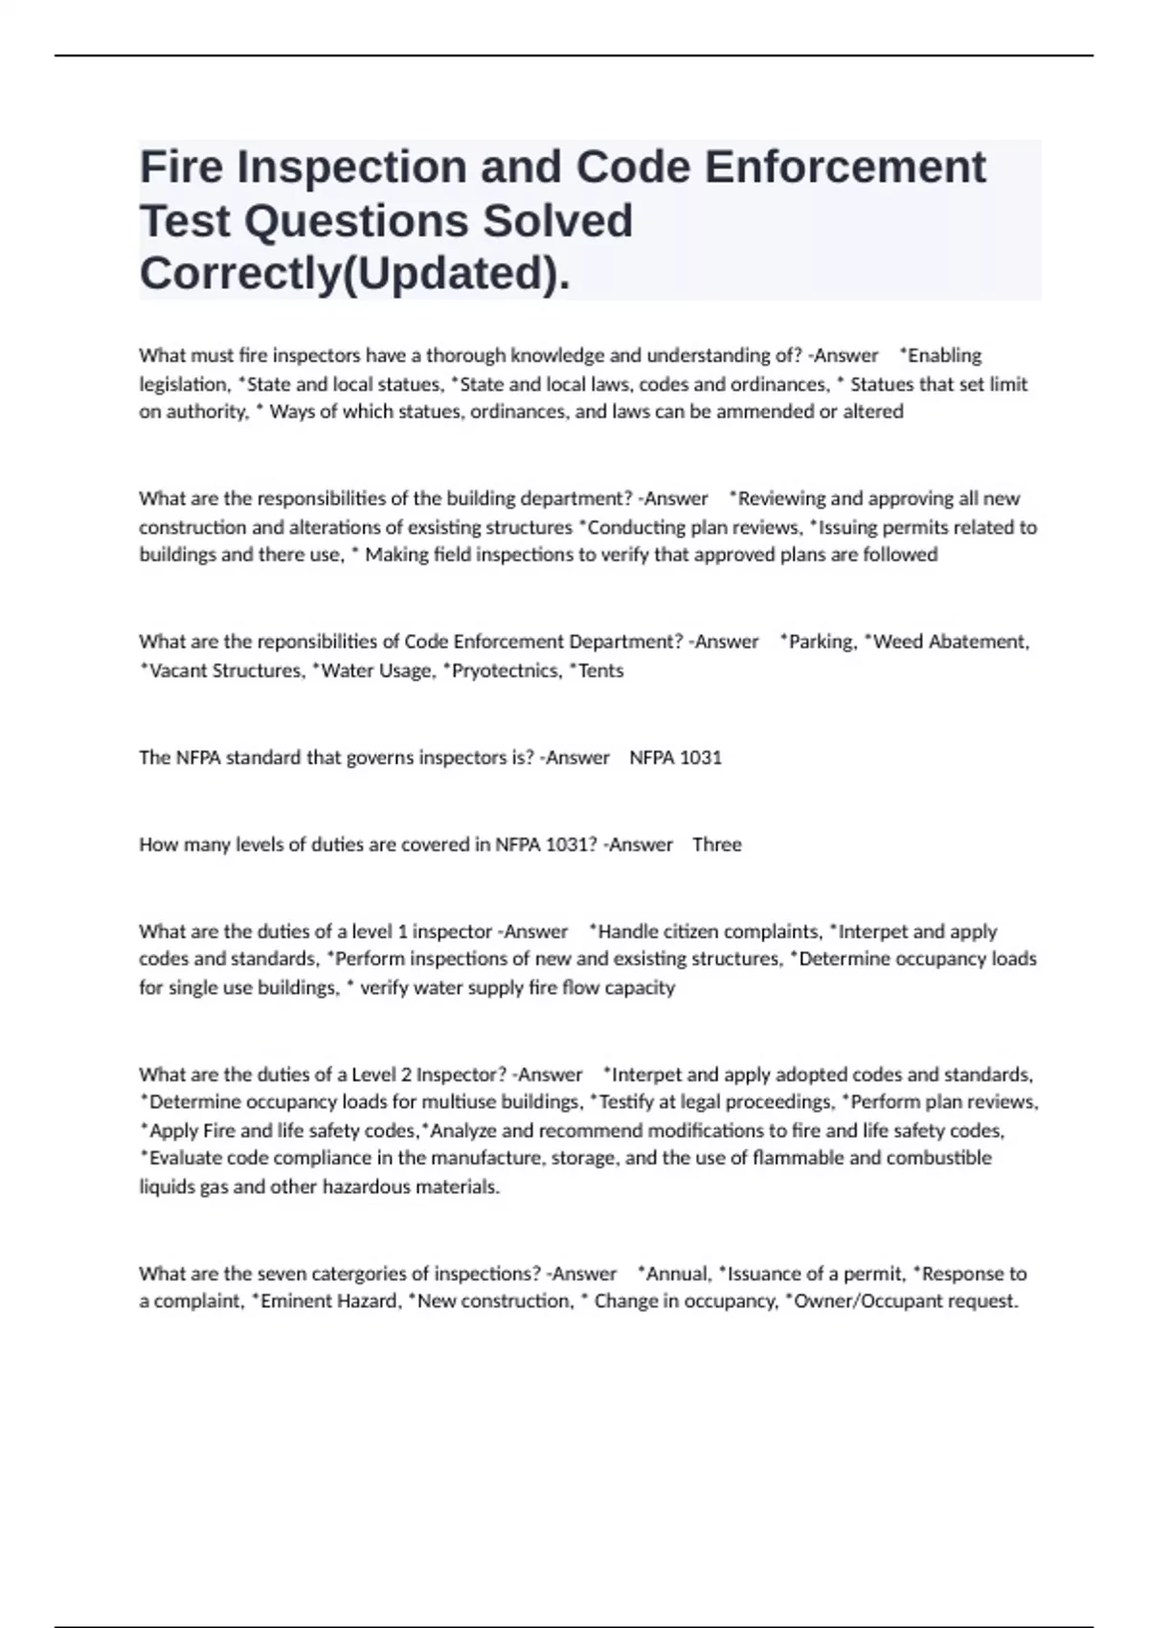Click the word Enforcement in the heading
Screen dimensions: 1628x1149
point(845,167)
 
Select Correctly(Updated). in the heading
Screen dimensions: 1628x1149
point(354,274)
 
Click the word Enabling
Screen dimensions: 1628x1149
point(944,355)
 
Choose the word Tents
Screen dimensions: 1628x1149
point(600,670)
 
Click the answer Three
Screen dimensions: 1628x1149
point(716,845)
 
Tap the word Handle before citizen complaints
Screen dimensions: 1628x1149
point(628,931)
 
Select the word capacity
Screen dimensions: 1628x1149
point(640,987)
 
